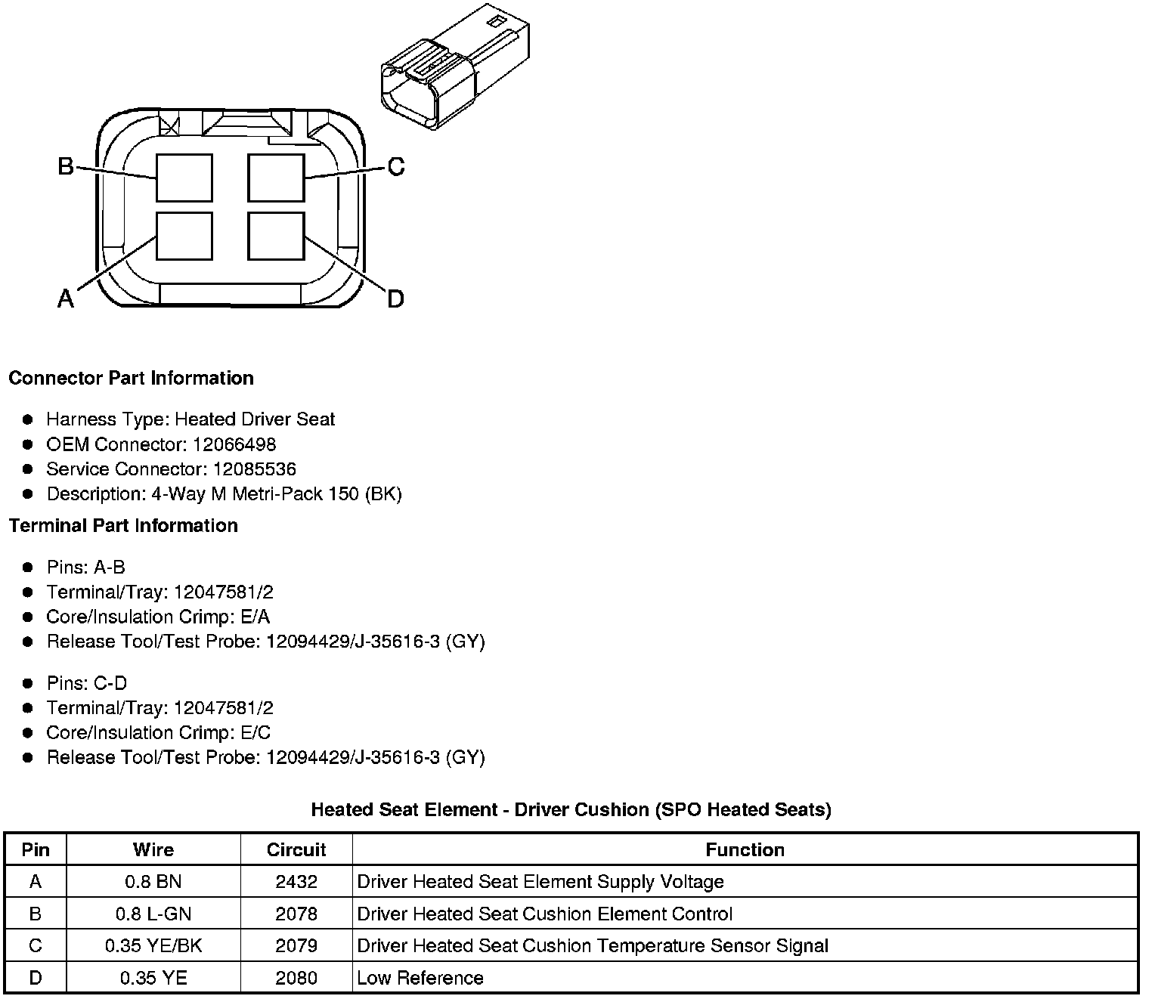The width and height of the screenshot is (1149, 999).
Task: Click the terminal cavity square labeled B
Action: coord(184,178)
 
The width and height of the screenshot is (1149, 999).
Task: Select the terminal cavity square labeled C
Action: coord(276,178)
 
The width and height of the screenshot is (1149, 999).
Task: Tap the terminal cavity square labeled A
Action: coord(184,236)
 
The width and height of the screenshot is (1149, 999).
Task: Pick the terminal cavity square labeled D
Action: coord(276,236)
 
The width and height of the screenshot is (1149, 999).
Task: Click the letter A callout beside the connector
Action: coord(66,299)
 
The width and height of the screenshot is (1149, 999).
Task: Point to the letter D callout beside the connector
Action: coord(395,299)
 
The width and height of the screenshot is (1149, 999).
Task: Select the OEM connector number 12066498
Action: coord(234,444)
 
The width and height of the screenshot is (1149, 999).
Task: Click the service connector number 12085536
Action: coord(255,469)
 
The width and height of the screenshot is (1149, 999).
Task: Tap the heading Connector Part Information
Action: coord(131,378)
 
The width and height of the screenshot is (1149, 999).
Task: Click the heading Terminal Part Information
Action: coord(123,525)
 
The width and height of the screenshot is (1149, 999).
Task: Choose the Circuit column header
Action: coord(296,849)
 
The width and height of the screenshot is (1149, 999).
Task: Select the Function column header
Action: coord(745,849)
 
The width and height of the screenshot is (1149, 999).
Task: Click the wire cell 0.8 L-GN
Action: coord(153,914)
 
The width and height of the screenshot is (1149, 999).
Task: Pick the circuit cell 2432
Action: coord(296,881)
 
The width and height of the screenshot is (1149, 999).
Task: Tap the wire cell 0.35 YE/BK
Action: coord(153,945)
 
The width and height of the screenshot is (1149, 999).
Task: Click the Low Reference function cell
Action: coord(420,978)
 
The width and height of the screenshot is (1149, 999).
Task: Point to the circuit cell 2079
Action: coord(296,945)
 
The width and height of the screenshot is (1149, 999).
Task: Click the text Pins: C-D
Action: coord(86,683)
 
